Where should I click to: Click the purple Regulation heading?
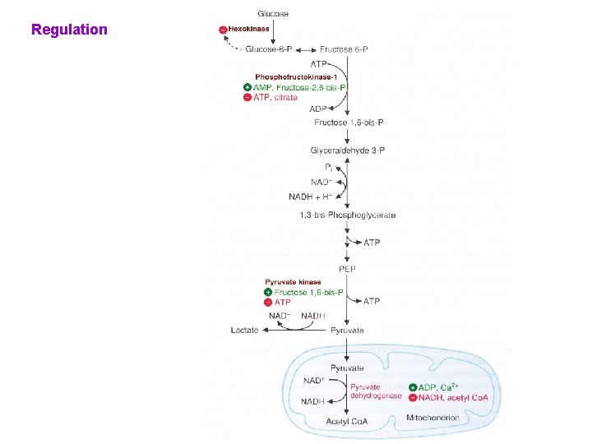[x=69, y=30]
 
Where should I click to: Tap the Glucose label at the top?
[x=273, y=14]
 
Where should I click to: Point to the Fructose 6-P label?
[x=344, y=49]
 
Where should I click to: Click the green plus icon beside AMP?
[x=247, y=87]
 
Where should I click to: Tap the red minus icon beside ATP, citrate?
[x=247, y=97]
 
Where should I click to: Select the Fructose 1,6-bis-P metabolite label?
[x=345, y=123]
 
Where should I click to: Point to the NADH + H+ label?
[x=310, y=197]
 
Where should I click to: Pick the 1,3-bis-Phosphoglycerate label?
[x=348, y=215]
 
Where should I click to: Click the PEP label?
[x=347, y=269]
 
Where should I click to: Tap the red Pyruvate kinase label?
[x=293, y=282]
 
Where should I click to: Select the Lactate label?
[x=245, y=330]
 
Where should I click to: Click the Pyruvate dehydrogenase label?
[x=365, y=391]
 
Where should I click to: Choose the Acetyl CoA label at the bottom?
[x=347, y=422]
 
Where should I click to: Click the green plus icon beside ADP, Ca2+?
[x=413, y=387]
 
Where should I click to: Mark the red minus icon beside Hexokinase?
[x=223, y=30]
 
